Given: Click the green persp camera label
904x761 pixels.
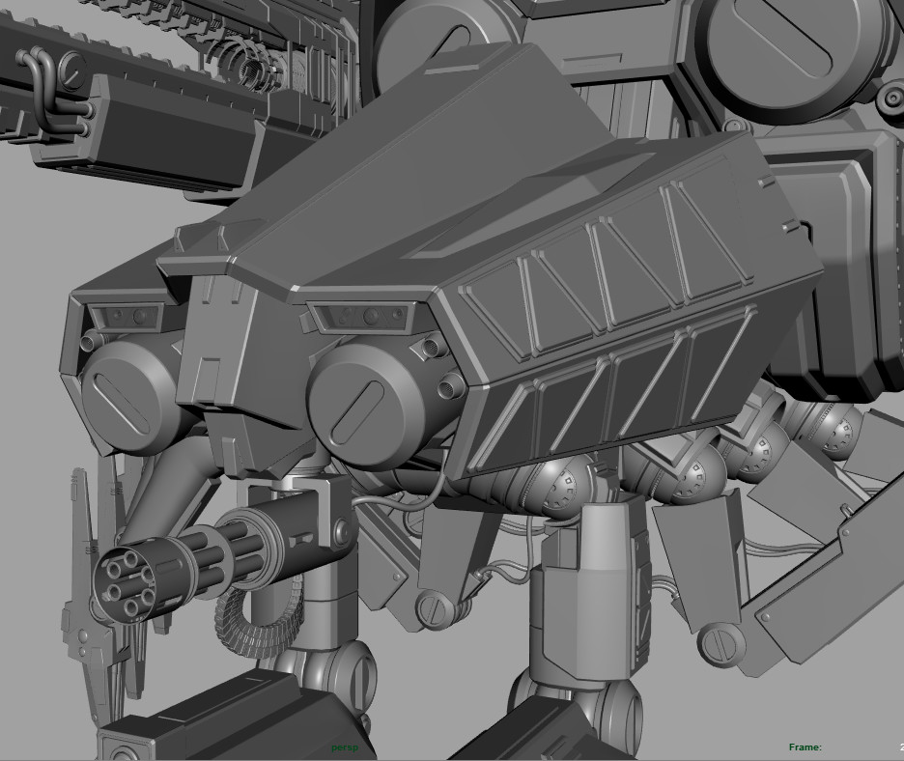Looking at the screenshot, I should pos(344,747).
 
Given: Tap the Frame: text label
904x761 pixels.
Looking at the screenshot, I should pos(805,747).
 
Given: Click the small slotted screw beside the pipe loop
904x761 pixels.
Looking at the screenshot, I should pos(71,67).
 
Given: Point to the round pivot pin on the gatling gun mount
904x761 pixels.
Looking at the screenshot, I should pos(340,532).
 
